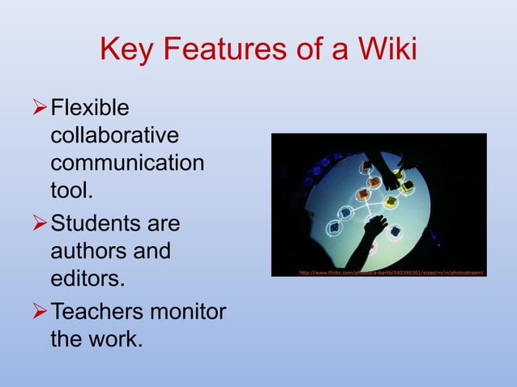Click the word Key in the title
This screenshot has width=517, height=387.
pyautogui.click(x=126, y=50)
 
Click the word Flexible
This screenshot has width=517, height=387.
pyautogui.click(x=90, y=108)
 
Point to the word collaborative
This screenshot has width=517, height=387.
pyautogui.click(x=114, y=135)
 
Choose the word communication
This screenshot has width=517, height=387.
pyautogui.click(x=127, y=164)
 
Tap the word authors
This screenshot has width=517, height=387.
pyautogui.click(x=87, y=252)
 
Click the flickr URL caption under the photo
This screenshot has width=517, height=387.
pyautogui.click(x=391, y=273)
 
